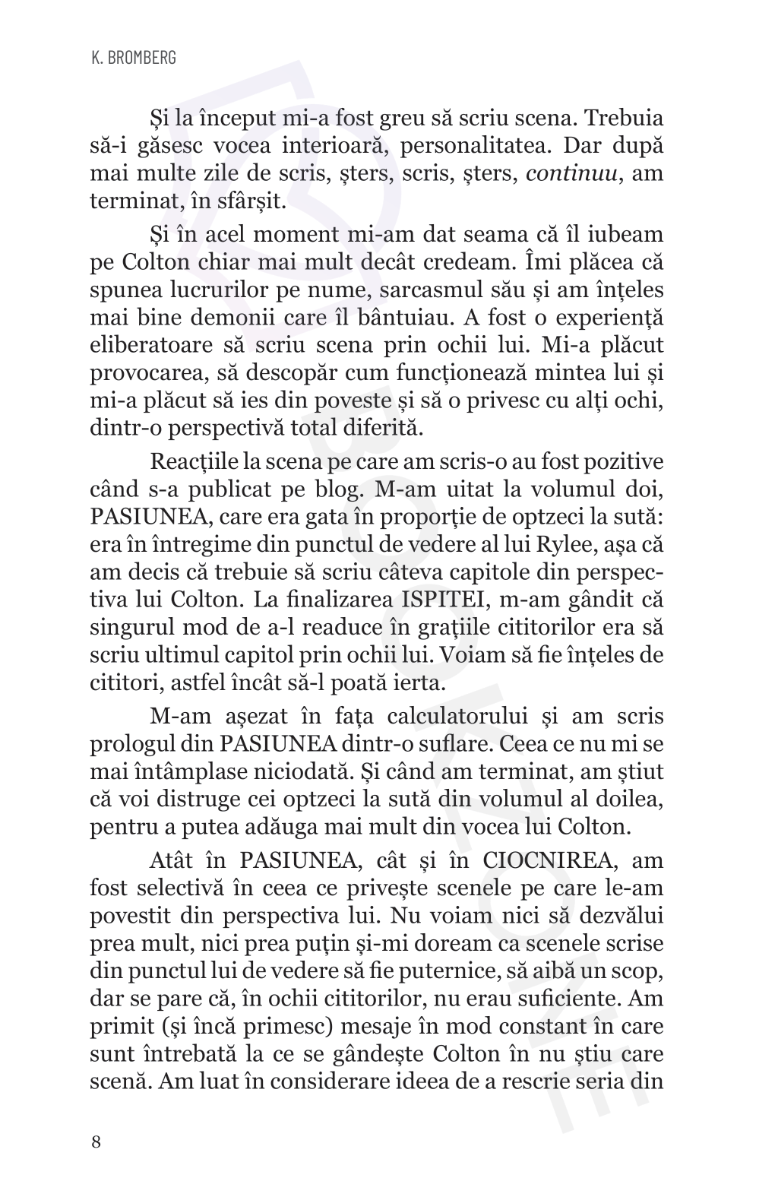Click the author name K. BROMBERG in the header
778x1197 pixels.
(133, 58)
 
